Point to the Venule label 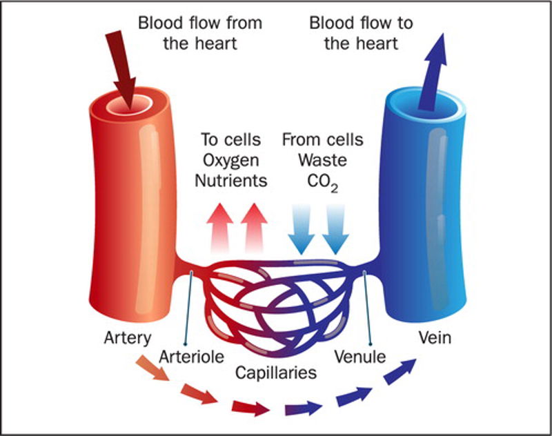[359, 357]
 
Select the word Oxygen [230, 161]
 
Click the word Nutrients [230, 181]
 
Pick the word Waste [322, 161]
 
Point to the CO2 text [323, 183]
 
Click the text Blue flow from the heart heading [200, 32]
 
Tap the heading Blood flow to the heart [361, 32]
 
